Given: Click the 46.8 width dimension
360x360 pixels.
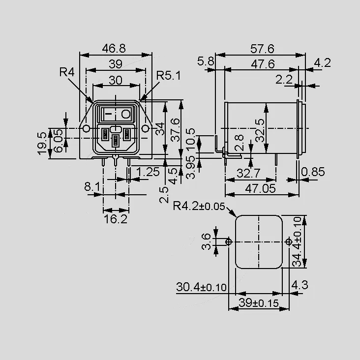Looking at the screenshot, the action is pos(114,49).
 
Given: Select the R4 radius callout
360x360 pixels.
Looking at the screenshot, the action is pos(67,72).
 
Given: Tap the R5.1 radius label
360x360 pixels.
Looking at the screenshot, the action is pos(169,76).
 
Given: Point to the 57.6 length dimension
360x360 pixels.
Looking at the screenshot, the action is pos(262,49).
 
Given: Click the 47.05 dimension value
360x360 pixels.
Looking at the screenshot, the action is pos(260,189).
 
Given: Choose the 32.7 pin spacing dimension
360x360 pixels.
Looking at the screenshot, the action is pos(248,173).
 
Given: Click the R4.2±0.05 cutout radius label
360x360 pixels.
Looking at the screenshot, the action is pos(199,206).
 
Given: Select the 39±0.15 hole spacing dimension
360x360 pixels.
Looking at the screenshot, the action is pos(259,303).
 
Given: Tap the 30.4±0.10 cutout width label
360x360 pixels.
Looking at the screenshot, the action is pos(201,287).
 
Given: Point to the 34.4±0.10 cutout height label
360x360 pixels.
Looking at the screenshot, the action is pos(297,242).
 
